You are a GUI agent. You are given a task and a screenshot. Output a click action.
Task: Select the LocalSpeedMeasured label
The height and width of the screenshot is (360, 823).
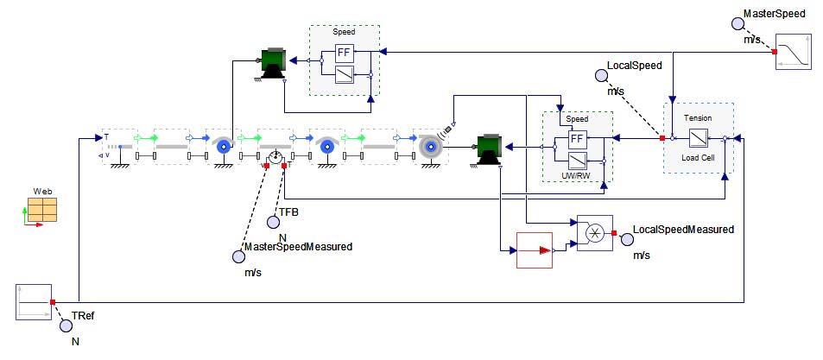click(x=683, y=230)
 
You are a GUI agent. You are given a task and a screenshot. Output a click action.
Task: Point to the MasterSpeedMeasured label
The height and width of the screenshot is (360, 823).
click(x=298, y=247)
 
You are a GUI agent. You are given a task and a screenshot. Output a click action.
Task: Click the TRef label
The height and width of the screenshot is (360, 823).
click(x=83, y=317)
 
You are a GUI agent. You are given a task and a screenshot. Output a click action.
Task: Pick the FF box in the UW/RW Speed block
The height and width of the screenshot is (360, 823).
click(x=578, y=138)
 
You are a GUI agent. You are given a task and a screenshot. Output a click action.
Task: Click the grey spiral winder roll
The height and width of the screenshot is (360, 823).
click(x=429, y=148)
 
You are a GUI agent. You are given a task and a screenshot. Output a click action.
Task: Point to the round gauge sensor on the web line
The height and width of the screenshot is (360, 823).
click(x=275, y=158)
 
